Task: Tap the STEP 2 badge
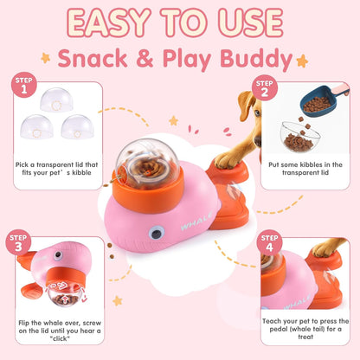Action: [265, 87]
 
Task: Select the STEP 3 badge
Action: [17, 241]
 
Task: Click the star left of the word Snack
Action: [45, 58]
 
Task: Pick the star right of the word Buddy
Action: [303, 61]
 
